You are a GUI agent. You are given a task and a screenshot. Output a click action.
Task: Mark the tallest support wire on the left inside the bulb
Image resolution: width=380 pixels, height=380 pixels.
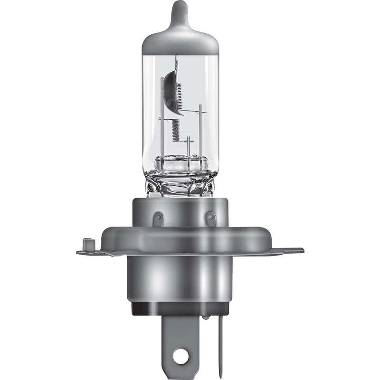tap(162, 128)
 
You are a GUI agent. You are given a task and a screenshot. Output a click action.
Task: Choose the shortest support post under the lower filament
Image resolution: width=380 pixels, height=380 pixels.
tap(189, 147)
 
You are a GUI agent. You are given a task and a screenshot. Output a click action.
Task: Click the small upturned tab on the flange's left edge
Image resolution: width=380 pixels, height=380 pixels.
tap(87, 244)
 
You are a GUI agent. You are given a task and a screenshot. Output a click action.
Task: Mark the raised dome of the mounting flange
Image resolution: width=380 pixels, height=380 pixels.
tap(180, 235)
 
